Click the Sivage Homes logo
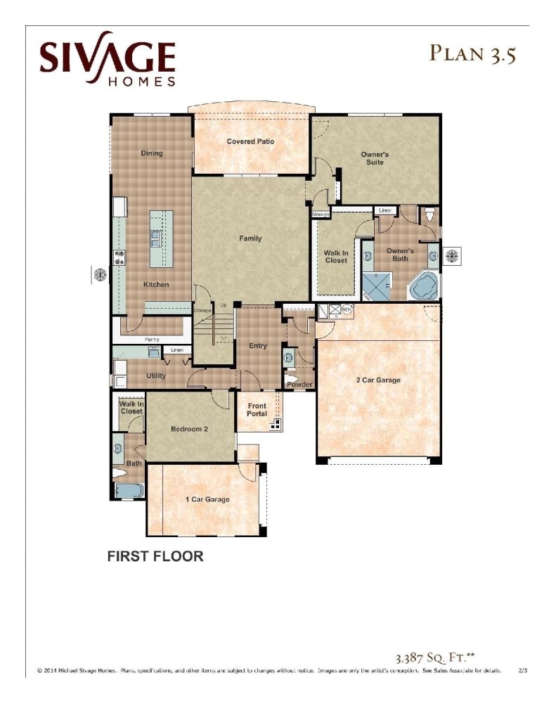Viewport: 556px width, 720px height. tap(107, 60)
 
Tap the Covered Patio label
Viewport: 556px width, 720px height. tap(250, 141)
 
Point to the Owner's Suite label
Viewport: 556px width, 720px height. tap(374, 158)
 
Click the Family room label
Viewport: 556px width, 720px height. tap(250, 238)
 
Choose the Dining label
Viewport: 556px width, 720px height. tap(151, 153)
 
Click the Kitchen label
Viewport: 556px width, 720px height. tap(156, 285)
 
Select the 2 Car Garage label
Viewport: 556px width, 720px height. tap(378, 380)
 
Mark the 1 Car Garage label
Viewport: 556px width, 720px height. tap(207, 500)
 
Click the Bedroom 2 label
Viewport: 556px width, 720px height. tap(189, 428)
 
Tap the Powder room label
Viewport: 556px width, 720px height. tap(299, 385)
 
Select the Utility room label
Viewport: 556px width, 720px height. tap(156, 376)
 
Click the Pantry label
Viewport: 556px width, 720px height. tap(152, 340)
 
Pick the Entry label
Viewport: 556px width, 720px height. tap(258, 346)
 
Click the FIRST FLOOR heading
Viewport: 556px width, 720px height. tap(155, 557)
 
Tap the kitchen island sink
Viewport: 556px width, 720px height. tap(155, 238)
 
